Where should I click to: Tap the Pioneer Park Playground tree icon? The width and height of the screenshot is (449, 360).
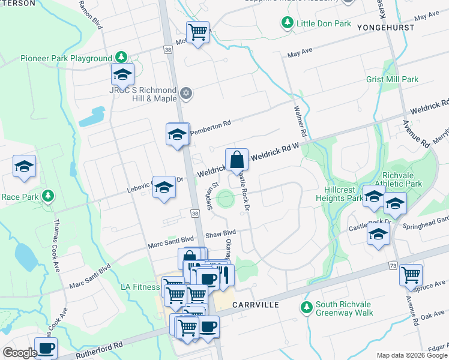click(x=121, y=58)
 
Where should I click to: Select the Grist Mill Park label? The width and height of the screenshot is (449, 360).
click(x=392, y=79)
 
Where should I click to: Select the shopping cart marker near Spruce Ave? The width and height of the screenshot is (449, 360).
click(x=411, y=275)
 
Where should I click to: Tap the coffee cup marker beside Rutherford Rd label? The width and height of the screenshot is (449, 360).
click(x=46, y=348)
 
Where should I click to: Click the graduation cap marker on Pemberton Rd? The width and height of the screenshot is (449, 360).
click(x=178, y=134)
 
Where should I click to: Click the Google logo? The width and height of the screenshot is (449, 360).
click(x=20, y=353)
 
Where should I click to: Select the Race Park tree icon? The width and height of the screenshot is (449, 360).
click(x=47, y=196)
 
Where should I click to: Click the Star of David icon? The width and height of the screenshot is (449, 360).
click(x=186, y=92)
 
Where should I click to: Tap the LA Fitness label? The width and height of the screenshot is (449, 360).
click(x=140, y=287)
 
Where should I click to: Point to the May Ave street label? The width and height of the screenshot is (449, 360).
click(x=300, y=53)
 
